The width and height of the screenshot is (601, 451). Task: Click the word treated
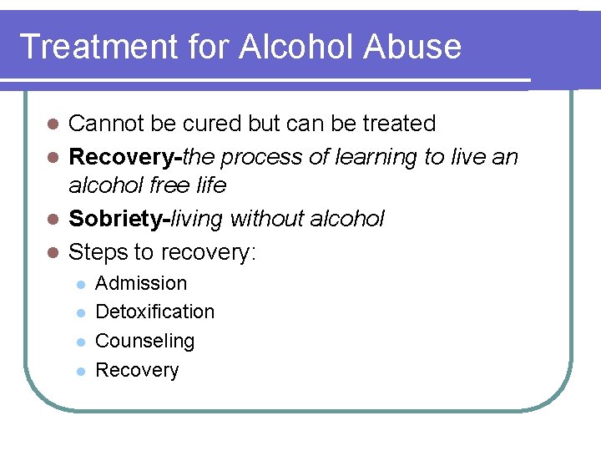pyautogui.click(x=399, y=124)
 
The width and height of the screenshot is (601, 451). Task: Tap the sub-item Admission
pyautogui.click(x=141, y=284)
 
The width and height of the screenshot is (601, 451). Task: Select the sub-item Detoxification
pyautogui.click(x=154, y=312)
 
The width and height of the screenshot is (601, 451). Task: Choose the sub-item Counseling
pyautogui.click(x=144, y=341)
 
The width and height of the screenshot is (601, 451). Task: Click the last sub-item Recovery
pyautogui.click(x=137, y=370)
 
